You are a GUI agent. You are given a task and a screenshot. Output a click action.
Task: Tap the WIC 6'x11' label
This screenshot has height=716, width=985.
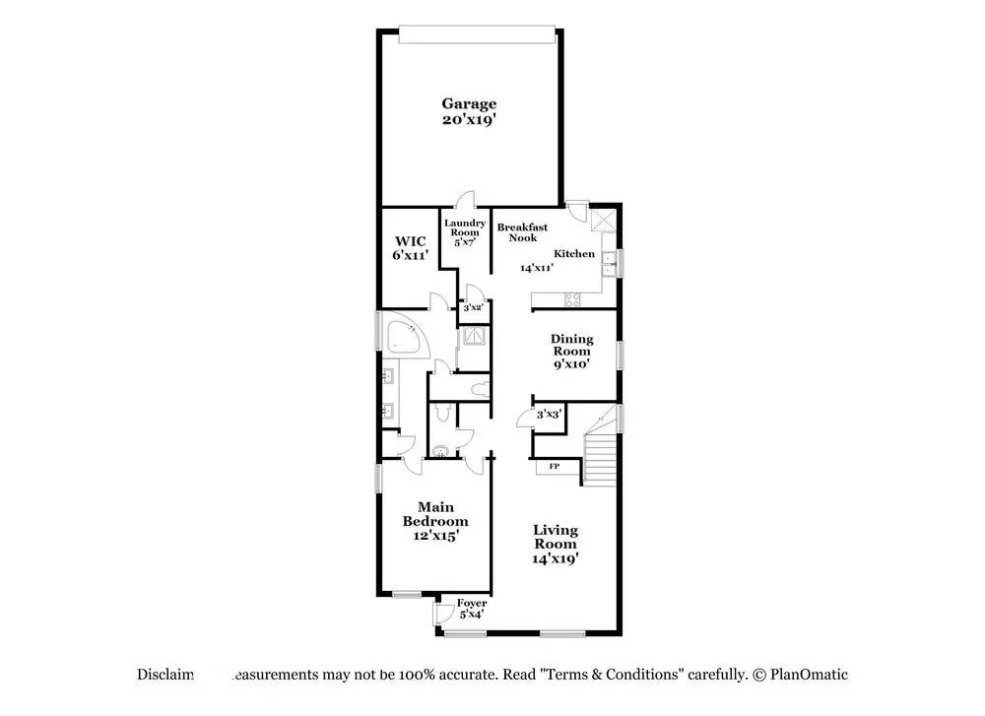tap(411, 247)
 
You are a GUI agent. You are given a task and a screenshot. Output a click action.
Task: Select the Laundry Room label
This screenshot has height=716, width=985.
tap(464, 232)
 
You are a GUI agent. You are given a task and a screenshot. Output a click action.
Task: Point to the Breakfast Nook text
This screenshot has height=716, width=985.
tap(522, 232)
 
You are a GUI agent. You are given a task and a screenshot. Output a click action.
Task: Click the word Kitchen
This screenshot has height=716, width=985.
tap(574, 254)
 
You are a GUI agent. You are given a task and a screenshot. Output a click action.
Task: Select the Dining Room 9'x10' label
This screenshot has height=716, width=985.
tap(570, 352)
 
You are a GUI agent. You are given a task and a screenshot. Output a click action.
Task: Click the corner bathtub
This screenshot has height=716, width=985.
tap(404, 337)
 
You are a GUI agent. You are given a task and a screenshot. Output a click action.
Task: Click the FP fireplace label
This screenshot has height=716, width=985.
tap(554, 466)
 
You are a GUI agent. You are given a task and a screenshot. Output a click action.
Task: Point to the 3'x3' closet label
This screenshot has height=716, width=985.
tap(548, 415)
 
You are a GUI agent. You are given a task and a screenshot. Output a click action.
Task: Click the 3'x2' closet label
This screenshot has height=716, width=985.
tap(473, 308)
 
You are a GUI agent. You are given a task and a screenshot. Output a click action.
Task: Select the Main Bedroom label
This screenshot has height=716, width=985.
tap(434, 521)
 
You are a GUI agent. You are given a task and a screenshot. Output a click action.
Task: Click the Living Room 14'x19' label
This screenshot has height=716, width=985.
tap(556, 544)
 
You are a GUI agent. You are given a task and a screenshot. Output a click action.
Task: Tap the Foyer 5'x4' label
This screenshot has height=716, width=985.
tap(472, 609)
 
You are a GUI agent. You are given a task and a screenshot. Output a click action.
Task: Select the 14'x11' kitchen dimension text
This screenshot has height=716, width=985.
tap(537, 267)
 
